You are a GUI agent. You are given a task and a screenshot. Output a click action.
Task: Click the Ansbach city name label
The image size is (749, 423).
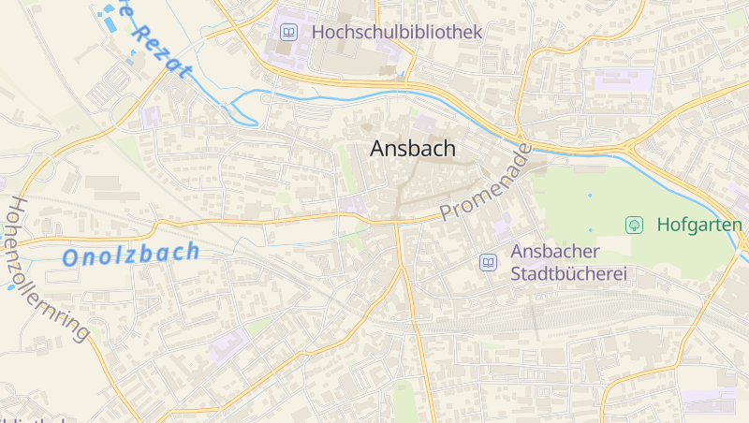[x=413, y=148]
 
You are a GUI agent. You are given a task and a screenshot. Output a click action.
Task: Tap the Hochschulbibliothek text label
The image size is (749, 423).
[x=397, y=32]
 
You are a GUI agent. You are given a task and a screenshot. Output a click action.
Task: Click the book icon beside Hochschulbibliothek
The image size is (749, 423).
[x=289, y=33]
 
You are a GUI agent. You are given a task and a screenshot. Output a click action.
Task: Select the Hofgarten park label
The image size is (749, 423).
[x=698, y=225]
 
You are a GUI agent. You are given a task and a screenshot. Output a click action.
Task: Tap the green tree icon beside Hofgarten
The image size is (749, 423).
[x=634, y=225]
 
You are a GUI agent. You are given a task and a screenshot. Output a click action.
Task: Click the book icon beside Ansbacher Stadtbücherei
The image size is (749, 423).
[x=488, y=263]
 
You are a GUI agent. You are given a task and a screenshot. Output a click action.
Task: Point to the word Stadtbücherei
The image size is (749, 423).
[x=568, y=275]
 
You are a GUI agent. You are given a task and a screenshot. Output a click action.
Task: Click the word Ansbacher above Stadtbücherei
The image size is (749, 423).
[x=553, y=252]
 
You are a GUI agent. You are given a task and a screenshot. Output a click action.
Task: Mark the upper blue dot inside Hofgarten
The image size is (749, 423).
[x=590, y=196]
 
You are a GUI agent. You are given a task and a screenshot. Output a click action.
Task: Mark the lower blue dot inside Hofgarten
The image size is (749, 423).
[x=590, y=229]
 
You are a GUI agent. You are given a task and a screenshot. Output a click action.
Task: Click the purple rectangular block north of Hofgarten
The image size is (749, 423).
[x=624, y=80]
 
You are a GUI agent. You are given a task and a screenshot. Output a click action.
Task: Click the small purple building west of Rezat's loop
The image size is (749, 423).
[x=151, y=117]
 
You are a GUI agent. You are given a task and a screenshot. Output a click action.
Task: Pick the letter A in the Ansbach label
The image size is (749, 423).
[x=378, y=148]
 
